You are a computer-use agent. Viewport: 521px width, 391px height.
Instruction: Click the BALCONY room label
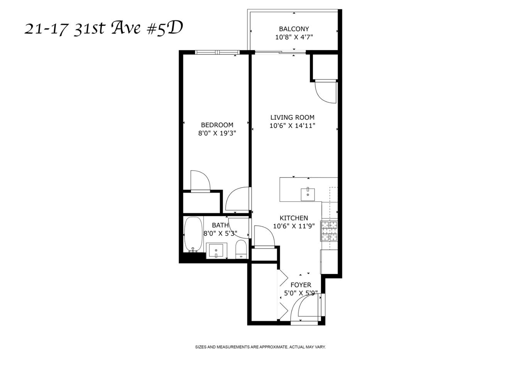click(294, 29)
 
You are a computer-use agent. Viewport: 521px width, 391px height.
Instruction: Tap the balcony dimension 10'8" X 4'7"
click(294, 37)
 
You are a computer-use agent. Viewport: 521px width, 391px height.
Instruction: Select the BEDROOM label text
click(217, 125)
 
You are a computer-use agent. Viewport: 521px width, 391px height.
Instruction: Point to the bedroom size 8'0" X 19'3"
click(217, 133)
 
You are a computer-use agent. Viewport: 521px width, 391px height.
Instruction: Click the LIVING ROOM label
click(292, 117)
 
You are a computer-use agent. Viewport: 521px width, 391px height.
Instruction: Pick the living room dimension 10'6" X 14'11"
click(292, 126)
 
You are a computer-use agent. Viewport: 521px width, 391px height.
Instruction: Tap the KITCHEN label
click(294, 218)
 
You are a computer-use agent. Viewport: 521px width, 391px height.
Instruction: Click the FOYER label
click(301, 285)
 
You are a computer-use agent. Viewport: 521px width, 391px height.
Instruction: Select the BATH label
click(220, 225)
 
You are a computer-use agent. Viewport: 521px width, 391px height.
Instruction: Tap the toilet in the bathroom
click(241, 249)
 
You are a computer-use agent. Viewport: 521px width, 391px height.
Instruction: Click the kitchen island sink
click(308, 192)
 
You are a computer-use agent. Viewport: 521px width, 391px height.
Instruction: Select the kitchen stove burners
click(329, 231)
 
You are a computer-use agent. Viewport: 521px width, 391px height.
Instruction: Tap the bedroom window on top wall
click(217, 52)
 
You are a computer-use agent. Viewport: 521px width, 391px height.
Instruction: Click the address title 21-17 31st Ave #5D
click(103, 28)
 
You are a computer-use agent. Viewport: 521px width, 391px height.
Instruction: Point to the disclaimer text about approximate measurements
click(260, 347)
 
